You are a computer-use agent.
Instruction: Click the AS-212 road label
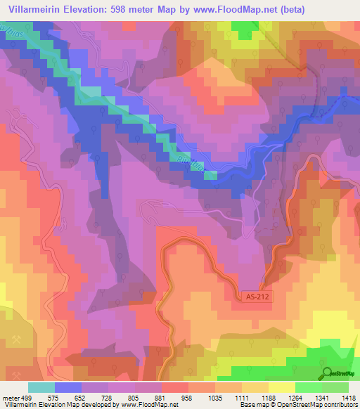tap(257, 297)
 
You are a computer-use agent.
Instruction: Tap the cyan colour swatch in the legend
tap(41, 387)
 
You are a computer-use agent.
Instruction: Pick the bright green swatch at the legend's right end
tap(335, 387)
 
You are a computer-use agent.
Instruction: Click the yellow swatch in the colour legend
tap(281, 387)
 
